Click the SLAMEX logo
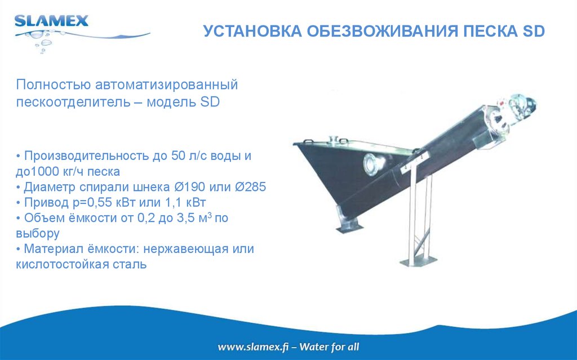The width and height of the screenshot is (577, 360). [x=51, y=22]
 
